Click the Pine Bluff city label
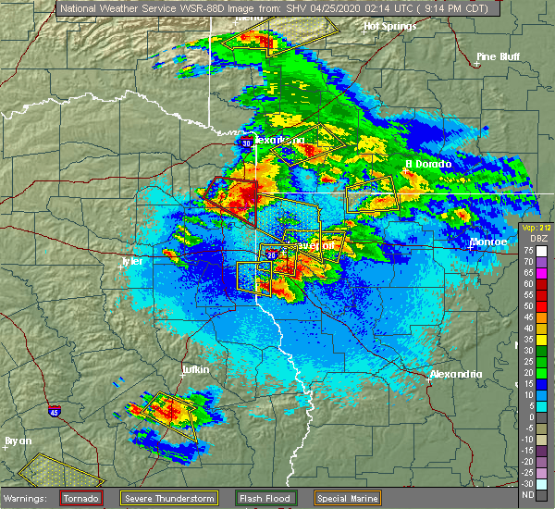(x=498, y=56)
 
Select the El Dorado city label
(x=427, y=164)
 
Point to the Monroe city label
(x=488, y=242)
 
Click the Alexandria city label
(x=455, y=374)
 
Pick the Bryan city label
(x=18, y=441)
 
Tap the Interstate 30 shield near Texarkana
(x=246, y=143)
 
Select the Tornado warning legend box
(x=81, y=498)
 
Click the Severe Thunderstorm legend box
(x=168, y=498)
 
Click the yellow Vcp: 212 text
(x=536, y=227)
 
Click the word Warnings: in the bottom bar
(x=28, y=498)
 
